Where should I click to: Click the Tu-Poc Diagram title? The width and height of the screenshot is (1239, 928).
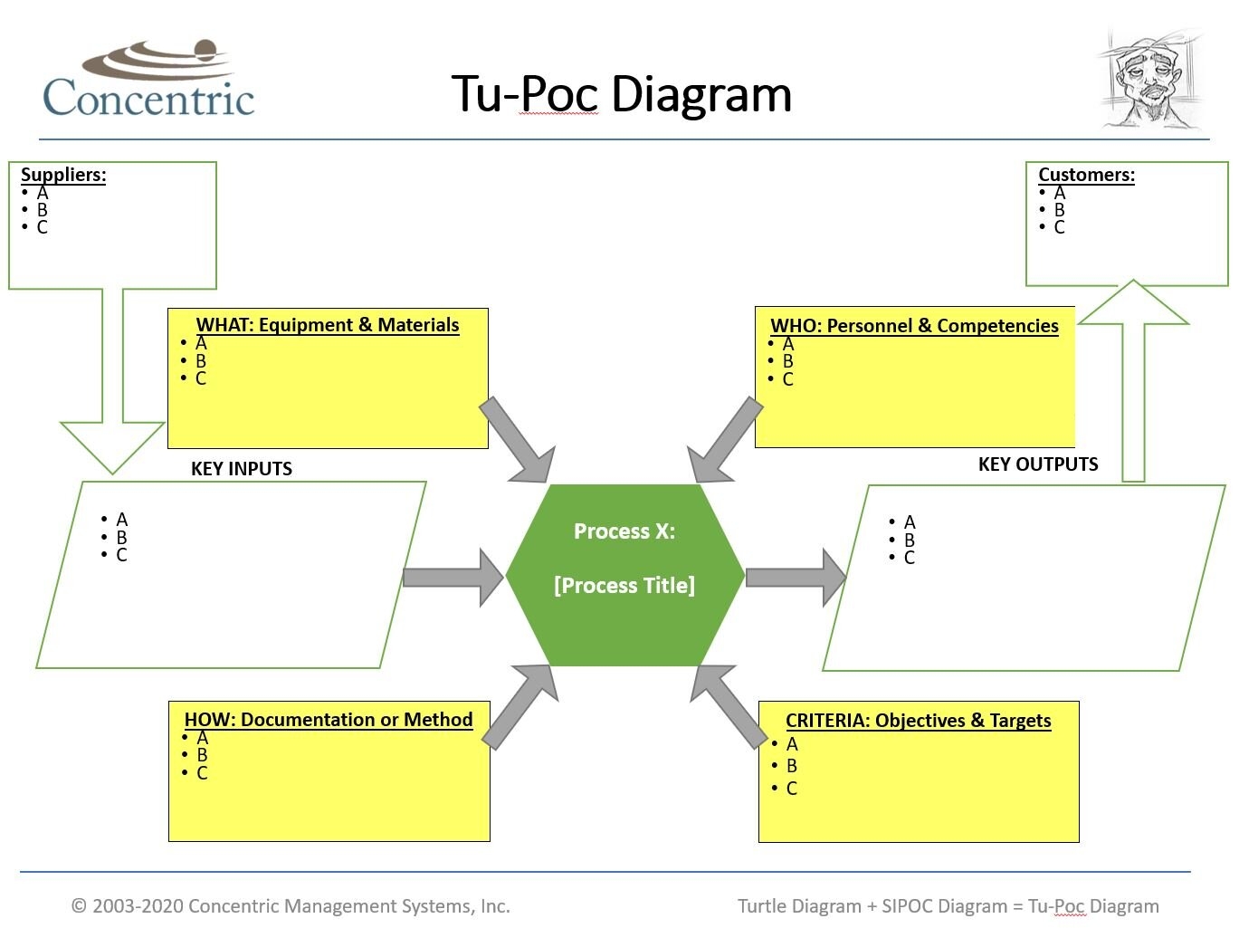(x=621, y=93)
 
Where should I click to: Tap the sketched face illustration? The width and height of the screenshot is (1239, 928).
(x=1150, y=79)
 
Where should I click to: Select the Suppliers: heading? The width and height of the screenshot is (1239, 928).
(x=63, y=175)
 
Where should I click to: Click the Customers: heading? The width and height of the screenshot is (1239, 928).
(x=1086, y=175)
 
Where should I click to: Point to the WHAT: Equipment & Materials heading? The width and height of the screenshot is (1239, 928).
(x=328, y=325)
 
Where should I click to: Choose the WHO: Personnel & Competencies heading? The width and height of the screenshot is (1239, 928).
(x=914, y=326)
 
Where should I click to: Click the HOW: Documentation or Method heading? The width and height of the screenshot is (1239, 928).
(x=329, y=720)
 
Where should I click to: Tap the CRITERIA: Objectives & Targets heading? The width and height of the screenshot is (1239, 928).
(x=918, y=721)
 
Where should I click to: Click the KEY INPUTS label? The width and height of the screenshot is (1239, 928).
(x=242, y=469)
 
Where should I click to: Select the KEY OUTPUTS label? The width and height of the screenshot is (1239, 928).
(x=1038, y=464)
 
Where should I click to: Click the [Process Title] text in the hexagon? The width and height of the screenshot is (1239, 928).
(x=624, y=586)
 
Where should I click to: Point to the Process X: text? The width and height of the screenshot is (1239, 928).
(x=624, y=531)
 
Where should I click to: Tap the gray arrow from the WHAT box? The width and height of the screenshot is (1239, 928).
(x=517, y=440)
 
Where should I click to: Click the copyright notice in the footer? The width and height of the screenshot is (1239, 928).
(x=291, y=906)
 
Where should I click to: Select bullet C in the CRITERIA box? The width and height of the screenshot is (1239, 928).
(x=791, y=789)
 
